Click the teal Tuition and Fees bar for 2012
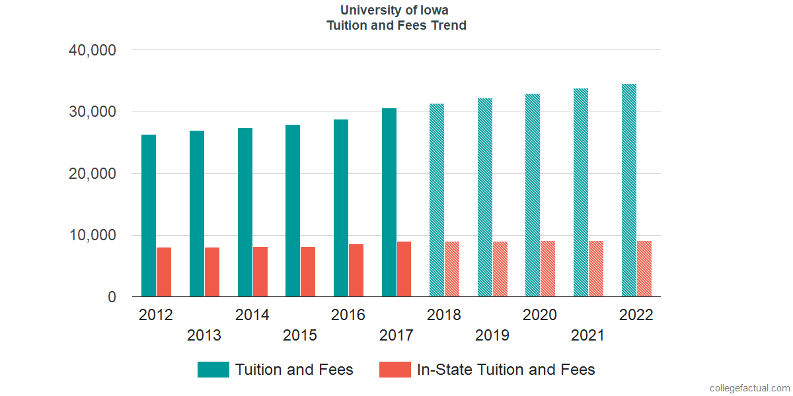pyautogui.click(x=149, y=216)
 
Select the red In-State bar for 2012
pyautogui.click(x=164, y=272)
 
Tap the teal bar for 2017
pyautogui.click(x=389, y=203)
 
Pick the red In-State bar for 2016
pyautogui.click(x=356, y=271)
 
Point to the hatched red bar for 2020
pyautogui.click(x=548, y=269)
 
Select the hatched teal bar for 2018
pyautogui.click(x=437, y=200)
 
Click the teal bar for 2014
pyautogui.click(x=245, y=213)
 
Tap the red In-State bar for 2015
pyautogui.click(x=308, y=272)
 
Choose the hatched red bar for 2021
pyautogui.click(x=596, y=269)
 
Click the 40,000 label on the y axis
pyautogui.click(x=93, y=50)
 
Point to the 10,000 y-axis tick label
pyautogui.click(x=93, y=236)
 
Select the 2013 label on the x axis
pyautogui.click(x=204, y=335)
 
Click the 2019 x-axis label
pyautogui.click(x=492, y=335)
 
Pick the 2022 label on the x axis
pyautogui.click(x=636, y=315)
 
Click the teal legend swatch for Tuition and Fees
pyautogui.click(x=213, y=370)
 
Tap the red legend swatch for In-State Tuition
pyautogui.click(x=395, y=370)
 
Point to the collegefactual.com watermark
pyautogui.click(x=749, y=388)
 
